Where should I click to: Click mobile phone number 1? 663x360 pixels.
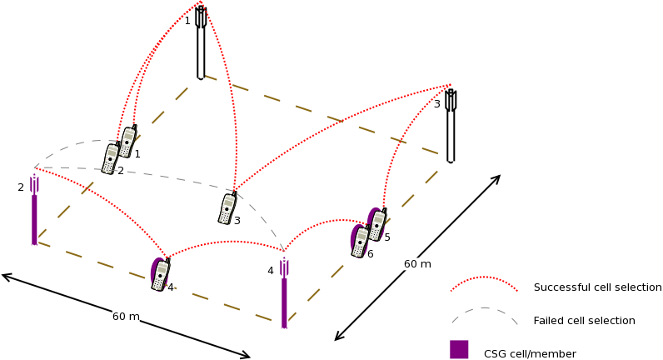pyautogui.click(x=127, y=142)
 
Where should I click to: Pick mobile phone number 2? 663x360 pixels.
pyautogui.click(x=111, y=158)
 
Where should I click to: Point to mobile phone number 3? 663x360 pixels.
pyautogui.click(x=227, y=208)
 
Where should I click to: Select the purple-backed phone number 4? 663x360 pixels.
pyautogui.click(x=160, y=274)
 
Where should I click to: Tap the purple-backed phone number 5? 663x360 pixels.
pyautogui.click(x=376, y=224)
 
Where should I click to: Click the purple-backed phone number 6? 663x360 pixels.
pyautogui.click(x=360, y=241)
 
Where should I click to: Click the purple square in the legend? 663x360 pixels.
pyautogui.click(x=459, y=349)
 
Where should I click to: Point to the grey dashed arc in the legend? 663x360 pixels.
pyautogui.click(x=484, y=313)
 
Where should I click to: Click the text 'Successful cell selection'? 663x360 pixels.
pyautogui.click(x=597, y=287)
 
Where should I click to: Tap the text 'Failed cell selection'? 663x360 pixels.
pyautogui.click(x=584, y=321)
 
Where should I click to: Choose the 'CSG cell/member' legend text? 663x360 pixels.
pyautogui.click(x=530, y=354)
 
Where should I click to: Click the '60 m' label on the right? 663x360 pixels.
pyautogui.click(x=417, y=264)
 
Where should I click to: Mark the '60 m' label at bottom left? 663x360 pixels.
pyautogui.click(x=126, y=317)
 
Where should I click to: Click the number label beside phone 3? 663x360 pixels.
pyautogui.click(x=237, y=221)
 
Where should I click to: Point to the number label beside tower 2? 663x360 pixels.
pyautogui.click(x=21, y=187)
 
